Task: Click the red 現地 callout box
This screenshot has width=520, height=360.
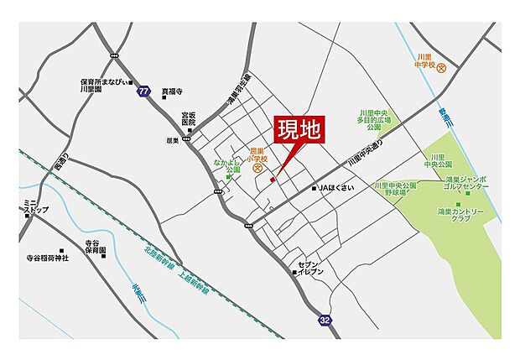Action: tap(299, 132)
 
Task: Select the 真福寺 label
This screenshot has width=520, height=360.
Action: tap(172, 91)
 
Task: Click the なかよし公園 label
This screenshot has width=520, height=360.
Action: tap(227, 164)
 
